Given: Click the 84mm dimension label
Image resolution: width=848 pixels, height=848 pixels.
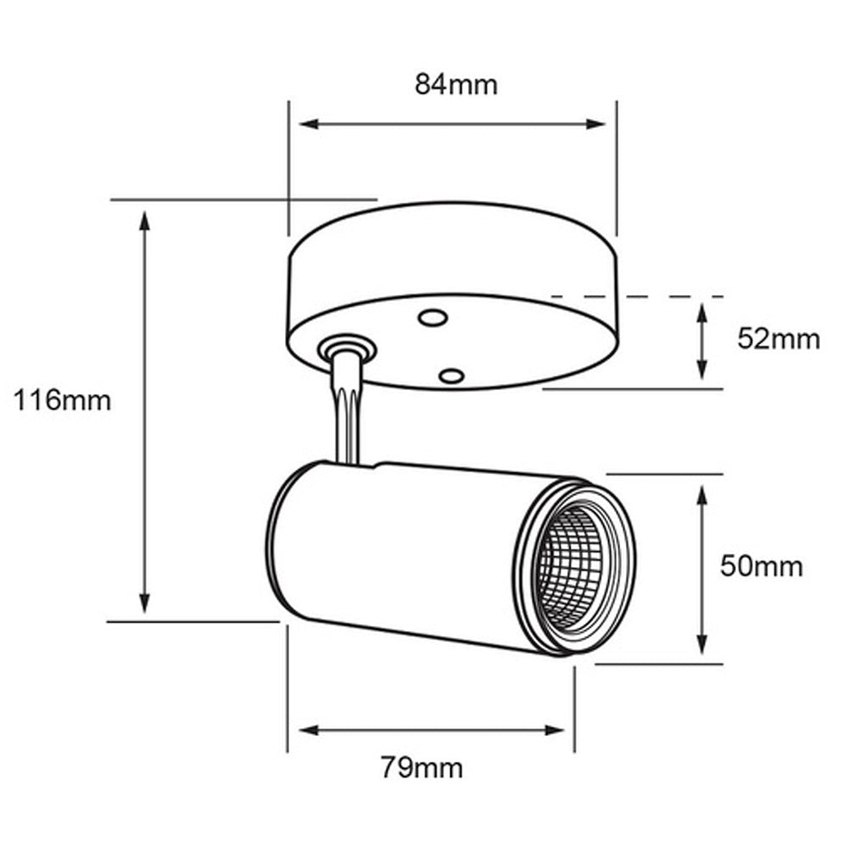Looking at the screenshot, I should tap(455, 85).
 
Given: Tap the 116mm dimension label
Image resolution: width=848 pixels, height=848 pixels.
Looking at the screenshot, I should tap(62, 399).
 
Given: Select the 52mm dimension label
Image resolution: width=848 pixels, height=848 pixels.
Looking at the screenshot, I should tap(778, 339).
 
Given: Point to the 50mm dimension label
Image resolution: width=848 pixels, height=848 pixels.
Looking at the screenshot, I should tap(761, 566).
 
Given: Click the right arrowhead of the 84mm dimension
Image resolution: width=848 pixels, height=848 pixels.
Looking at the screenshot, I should tap(597, 124).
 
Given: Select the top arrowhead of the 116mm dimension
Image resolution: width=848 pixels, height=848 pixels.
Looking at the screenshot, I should tap(145, 220).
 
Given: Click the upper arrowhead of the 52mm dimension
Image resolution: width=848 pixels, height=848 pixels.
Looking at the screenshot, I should tap(702, 312).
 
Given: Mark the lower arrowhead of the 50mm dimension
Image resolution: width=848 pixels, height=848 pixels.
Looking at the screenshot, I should tap(702, 644).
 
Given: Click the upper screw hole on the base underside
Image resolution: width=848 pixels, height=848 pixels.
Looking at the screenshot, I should tap(432, 319).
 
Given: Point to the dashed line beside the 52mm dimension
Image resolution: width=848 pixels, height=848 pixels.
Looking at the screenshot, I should tap(636, 296).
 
